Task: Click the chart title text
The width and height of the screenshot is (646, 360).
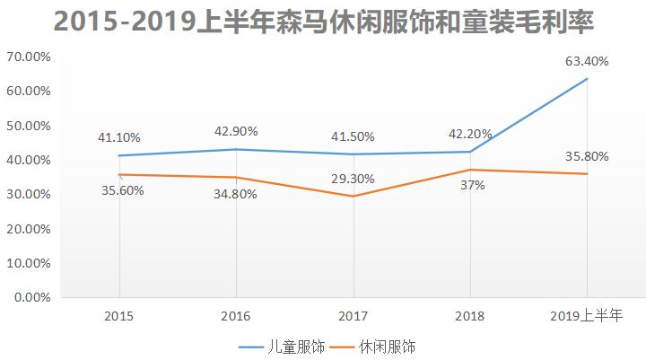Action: coord(323,22)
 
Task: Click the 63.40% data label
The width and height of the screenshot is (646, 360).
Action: coord(587,62)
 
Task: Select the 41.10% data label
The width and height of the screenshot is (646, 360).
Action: coord(120,137)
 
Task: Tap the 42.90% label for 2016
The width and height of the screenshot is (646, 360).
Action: coord(236,131)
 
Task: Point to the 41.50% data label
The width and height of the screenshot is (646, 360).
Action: coord(353,136)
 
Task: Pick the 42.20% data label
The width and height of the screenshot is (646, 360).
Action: coord(470,135)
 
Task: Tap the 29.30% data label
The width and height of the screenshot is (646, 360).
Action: coord(353,179)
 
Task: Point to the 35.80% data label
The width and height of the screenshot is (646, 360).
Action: coord(587,156)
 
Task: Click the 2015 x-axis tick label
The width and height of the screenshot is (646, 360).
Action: coord(119,315)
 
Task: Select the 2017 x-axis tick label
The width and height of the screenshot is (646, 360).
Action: coord(353,315)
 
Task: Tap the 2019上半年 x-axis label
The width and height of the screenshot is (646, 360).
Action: coord(587,315)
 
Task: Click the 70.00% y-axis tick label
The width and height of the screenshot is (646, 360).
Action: coord(28,57)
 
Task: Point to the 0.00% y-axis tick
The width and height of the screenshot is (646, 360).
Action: coord(31,297)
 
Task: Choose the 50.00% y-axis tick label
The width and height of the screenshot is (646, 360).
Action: coord(28,126)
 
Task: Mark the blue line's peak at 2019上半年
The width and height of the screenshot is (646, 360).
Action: coord(587,79)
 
